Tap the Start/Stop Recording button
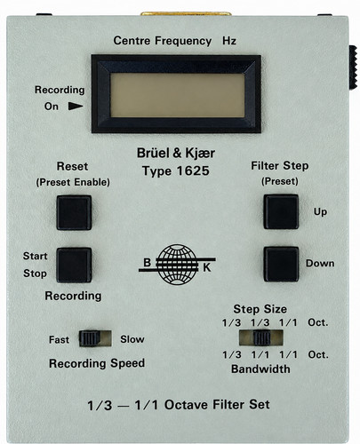(x=74, y=265)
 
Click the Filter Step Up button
(x=281, y=211)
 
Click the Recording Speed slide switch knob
(x=89, y=338)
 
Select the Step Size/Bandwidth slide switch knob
(x=262, y=338)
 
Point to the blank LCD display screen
(x=178, y=95)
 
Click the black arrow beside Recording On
(x=76, y=106)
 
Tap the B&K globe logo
(x=177, y=265)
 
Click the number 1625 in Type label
(x=193, y=170)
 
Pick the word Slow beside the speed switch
(x=132, y=339)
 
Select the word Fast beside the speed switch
(x=59, y=339)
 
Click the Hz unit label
(x=229, y=41)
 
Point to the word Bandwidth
(x=260, y=369)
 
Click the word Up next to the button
(x=320, y=212)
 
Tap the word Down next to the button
(x=320, y=263)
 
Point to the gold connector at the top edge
(x=186, y=13)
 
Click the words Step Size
(x=260, y=309)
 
